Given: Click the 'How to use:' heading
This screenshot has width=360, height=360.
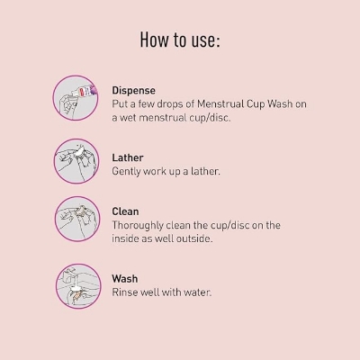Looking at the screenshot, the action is (180, 40).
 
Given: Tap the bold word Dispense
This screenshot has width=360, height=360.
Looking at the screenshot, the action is (134, 91).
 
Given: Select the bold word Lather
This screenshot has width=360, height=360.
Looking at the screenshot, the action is (128, 157).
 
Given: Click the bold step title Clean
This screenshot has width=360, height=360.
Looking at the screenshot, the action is (125, 211).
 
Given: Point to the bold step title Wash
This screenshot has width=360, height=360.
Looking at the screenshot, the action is (125, 279).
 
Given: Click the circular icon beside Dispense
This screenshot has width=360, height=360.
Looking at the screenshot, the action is (76, 98).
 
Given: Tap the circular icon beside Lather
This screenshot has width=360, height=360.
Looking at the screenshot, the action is (76, 161).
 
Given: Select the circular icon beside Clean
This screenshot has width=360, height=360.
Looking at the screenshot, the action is (77, 219).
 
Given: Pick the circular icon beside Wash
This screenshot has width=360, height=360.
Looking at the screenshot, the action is (78, 286).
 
